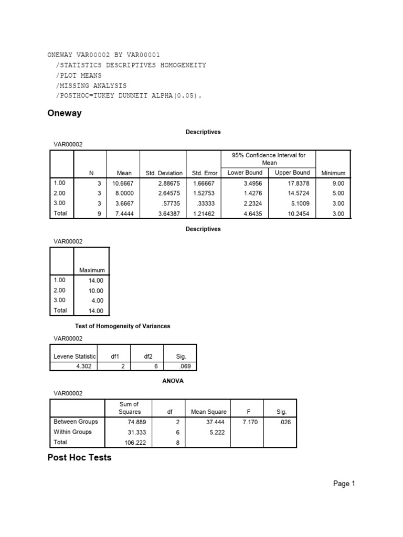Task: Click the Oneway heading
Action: [x=65, y=113]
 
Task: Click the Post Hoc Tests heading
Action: [x=79, y=457]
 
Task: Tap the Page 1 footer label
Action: [x=344, y=484]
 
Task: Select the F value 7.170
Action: [x=250, y=422]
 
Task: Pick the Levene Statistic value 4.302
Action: [x=83, y=366]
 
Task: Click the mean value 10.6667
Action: [x=122, y=184]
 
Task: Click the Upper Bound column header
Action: [x=292, y=173]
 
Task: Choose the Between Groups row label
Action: [x=76, y=422]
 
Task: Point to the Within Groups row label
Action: [x=72, y=432]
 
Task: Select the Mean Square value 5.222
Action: [x=216, y=432]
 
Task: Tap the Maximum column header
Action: [x=92, y=270]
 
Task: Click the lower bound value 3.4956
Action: [x=252, y=184]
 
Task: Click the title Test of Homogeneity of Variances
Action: [x=123, y=326]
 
